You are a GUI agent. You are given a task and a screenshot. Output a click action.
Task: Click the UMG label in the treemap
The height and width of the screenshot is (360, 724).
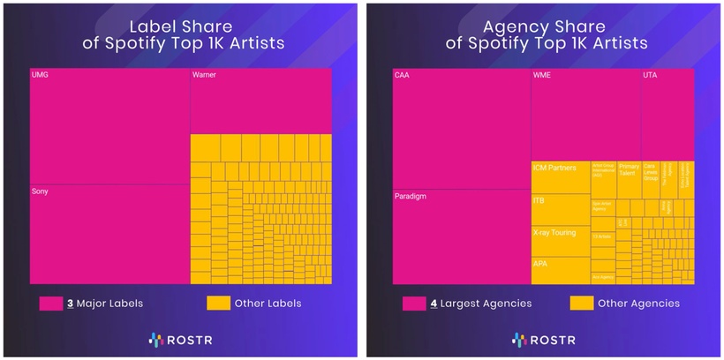(x=39, y=75)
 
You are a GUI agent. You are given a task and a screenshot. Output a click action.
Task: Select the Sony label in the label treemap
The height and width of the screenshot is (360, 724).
(x=41, y=191)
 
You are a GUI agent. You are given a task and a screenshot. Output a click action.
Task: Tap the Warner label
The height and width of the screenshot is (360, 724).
(x=204, y=75)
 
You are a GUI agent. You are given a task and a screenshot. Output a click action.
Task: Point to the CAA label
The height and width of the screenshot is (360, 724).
(x=402, y=75)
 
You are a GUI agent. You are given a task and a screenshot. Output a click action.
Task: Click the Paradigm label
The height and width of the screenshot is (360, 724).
(x=410, y=196)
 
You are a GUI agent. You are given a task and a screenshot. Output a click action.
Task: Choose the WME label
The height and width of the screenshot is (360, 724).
(x=542, y=75)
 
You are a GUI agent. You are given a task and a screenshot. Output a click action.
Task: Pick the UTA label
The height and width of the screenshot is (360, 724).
(x=651, y=75)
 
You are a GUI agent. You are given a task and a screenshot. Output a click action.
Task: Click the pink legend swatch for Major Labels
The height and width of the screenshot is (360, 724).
(x=49, y=304)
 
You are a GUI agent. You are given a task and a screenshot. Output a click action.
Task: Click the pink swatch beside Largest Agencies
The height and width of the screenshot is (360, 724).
(x=412, y=304)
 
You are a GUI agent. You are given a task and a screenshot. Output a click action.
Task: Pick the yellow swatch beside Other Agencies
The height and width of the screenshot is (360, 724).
(x=580, y=304)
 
